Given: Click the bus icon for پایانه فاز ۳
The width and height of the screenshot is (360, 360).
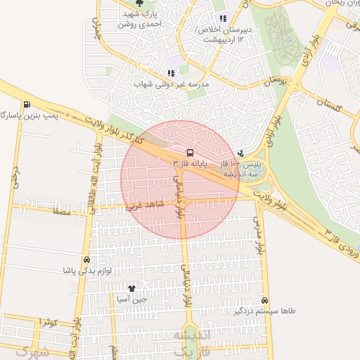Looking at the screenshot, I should tap(189, 152).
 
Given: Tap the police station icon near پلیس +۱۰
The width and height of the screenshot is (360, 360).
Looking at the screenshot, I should tap(242, 153).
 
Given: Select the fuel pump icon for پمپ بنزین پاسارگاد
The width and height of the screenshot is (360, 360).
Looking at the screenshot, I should tap(27, 105).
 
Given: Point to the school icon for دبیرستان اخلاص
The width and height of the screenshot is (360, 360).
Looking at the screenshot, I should tap(223, 19).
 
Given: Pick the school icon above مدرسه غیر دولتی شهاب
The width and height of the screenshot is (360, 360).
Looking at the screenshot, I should tap(171, 72).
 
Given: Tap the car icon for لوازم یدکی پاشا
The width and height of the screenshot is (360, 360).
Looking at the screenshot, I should tap(86, 259).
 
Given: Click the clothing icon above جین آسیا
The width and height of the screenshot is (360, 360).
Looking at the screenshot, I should tap(131, 288).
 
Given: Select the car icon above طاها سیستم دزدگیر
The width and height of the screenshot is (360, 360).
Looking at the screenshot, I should tap(264, 299).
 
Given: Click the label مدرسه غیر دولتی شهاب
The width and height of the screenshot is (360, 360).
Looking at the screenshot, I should tap(172, 84).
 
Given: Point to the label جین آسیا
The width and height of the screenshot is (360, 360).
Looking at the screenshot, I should tap(131, 299).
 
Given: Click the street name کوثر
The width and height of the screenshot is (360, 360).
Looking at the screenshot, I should tap(48, 323).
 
